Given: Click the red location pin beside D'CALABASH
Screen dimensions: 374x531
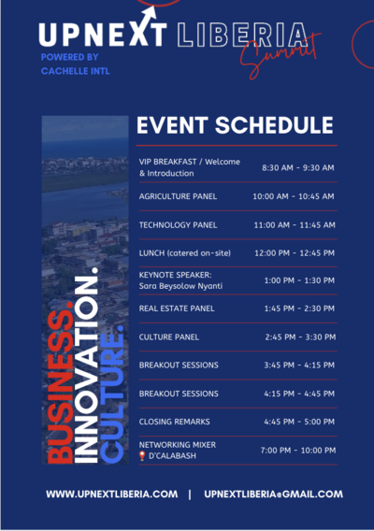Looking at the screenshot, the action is coord(142,456).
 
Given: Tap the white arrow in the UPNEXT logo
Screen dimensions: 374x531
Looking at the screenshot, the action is coord(149,16).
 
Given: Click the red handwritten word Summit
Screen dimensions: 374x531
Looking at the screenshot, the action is coord(280,55).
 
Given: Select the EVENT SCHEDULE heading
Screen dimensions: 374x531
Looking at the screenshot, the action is coord(235,125).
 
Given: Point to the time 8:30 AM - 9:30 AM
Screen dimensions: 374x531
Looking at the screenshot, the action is coord(297,167).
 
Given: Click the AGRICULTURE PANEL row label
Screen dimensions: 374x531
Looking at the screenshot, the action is coord(178,196).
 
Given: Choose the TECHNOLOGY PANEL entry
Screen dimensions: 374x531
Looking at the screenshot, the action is coord(178,225).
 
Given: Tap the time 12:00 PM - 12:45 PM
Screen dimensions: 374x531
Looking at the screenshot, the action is coord(295,253).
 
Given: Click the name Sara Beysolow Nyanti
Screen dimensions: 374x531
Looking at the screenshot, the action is coord(180,286).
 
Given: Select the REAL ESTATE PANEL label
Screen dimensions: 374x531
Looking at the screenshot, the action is coord(177,309).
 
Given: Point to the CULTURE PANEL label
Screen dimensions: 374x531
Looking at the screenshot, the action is coord(168,337).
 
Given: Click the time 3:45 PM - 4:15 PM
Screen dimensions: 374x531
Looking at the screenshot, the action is coord(299,365).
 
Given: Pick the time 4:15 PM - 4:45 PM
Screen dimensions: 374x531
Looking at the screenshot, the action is coord(299,394).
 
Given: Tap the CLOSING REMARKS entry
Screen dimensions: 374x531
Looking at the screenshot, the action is coord(174,422).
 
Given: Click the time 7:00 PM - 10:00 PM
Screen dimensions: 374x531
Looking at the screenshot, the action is coord(298,451).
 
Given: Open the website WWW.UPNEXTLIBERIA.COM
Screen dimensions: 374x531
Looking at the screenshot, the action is coord(112,495).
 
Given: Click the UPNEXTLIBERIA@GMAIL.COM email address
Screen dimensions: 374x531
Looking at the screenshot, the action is coord(273,495).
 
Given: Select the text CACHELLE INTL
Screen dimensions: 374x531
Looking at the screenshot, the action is coord(75,71).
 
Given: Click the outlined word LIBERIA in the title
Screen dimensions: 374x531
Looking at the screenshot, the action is coord(242,35).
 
